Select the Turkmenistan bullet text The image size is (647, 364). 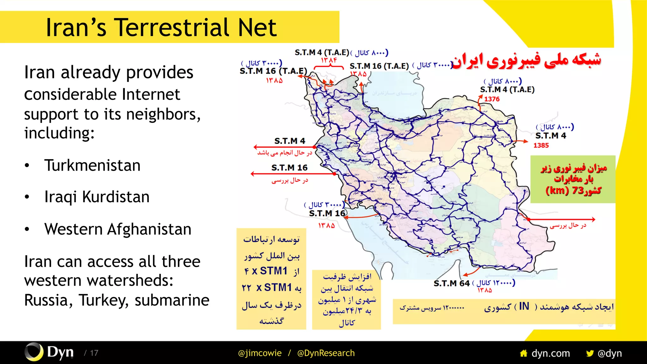coord(92,165)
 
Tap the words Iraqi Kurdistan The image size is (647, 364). coord(97,197)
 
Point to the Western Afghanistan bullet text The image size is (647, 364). coord(118,229)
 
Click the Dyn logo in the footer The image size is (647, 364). coord(49,352)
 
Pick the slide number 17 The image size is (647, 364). coord(94,353)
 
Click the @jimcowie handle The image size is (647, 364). coord(260,353)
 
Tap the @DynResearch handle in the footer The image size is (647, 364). coord(326,353)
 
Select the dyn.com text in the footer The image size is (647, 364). coord(551,353)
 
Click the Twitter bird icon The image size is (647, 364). coord(590,353)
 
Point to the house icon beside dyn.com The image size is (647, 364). coord(523,353)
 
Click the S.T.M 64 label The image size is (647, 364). coord(451,283)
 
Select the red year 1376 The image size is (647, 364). coord(492,99)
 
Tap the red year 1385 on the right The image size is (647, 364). coord(541,145)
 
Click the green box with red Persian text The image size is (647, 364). coord(573,179)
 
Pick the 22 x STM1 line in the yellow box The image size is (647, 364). coord(271,288)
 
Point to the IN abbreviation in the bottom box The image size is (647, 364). coord(524,306)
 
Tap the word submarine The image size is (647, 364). coord(172,300)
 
